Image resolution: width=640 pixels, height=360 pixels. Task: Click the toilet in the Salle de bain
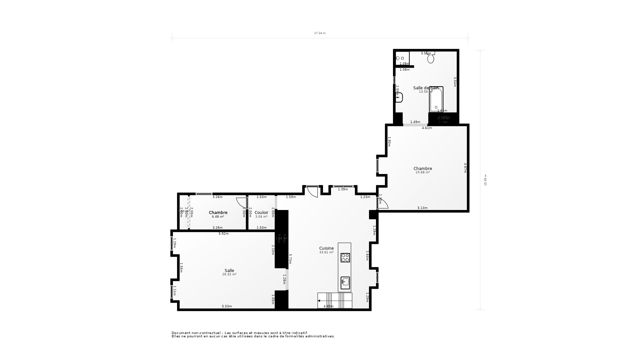[x=431, y=58]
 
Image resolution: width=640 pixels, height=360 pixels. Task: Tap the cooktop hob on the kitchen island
[x=345, y=258]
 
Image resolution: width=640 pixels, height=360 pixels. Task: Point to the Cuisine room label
[x=326, y=248]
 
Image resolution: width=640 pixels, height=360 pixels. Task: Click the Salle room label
[x=229, y=271]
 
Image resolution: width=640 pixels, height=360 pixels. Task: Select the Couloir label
[x=261, y=213]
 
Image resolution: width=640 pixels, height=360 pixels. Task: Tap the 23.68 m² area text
[x=422, y=172]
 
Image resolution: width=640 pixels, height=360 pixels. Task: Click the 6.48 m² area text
[x=218, y=217]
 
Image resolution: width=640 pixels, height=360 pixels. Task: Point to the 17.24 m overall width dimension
[x=320, y=33]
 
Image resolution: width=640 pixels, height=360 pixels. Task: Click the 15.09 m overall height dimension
[x=485, y=180]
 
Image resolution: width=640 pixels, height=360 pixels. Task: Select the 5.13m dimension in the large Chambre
[x=422, y=208]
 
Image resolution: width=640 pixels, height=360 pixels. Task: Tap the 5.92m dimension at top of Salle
[x=223, y=234]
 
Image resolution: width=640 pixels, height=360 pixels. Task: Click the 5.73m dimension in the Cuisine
[x=290, y=259]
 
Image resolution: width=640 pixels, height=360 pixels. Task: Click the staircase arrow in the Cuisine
[x=319, y=301]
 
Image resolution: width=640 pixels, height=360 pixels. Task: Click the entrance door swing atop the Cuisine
[x=312, y=192]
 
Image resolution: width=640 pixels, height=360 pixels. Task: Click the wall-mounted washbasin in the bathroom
[x=399, y=97]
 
